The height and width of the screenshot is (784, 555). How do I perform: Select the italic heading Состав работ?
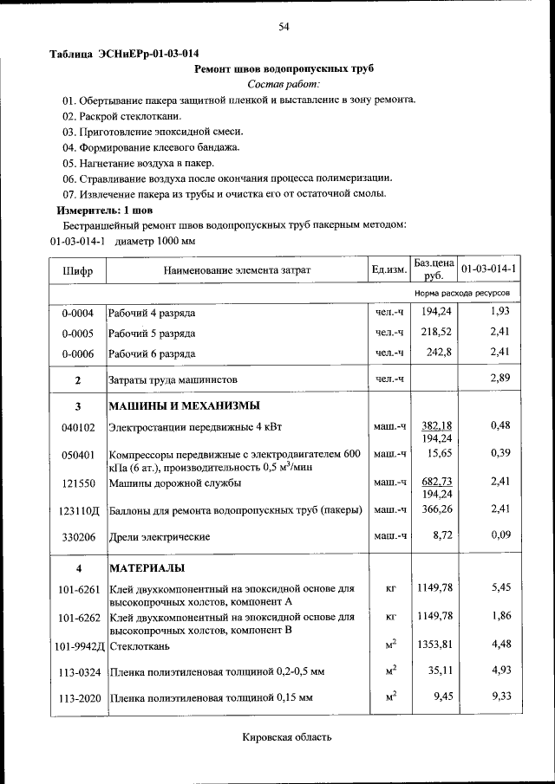coord(284,84)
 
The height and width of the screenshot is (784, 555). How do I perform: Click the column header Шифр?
coord(78,270)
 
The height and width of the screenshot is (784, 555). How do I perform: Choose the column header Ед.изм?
coord(388,270)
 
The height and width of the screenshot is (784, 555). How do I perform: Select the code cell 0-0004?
coord(77,313)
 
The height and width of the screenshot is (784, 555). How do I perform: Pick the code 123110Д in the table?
coord(78,512)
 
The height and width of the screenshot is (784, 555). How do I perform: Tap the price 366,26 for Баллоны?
coord(436,510)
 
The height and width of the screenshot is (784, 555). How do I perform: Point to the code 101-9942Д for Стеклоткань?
coord(79,646)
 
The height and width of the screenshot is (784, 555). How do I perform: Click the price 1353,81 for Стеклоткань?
coord(434,645)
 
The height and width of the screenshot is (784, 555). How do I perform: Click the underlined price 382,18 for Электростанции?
coord(436,425)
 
